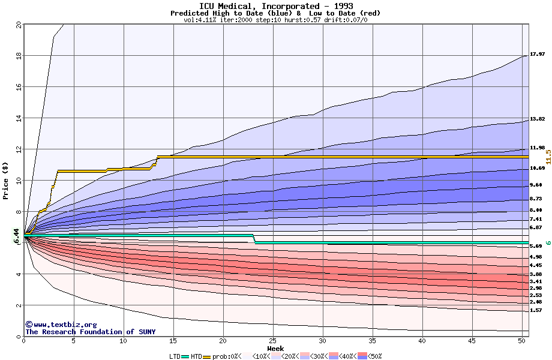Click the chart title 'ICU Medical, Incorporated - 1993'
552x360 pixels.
coord(276,6)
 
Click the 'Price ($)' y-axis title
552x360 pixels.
coord(6,181)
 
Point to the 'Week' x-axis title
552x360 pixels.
coord(275,349)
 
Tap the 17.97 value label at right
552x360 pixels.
coord(537,54)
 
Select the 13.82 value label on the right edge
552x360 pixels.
coord(537,119)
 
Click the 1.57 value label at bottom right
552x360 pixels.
coord(536,311)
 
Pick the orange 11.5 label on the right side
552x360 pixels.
coord(548,157)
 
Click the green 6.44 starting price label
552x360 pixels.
coord(17,236)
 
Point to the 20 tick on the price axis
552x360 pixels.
coord(18,25)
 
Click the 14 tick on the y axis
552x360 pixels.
coord(18,118)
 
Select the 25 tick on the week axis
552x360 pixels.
coord(273,341)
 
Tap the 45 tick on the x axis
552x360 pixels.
coord(472,341)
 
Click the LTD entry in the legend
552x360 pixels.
coord(175,356)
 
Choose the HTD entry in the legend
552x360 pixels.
coord(196,356)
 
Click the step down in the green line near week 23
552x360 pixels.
coord(254,239)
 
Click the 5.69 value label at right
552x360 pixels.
coord(536,246)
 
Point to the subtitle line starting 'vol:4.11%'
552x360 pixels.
coord(276,20)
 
